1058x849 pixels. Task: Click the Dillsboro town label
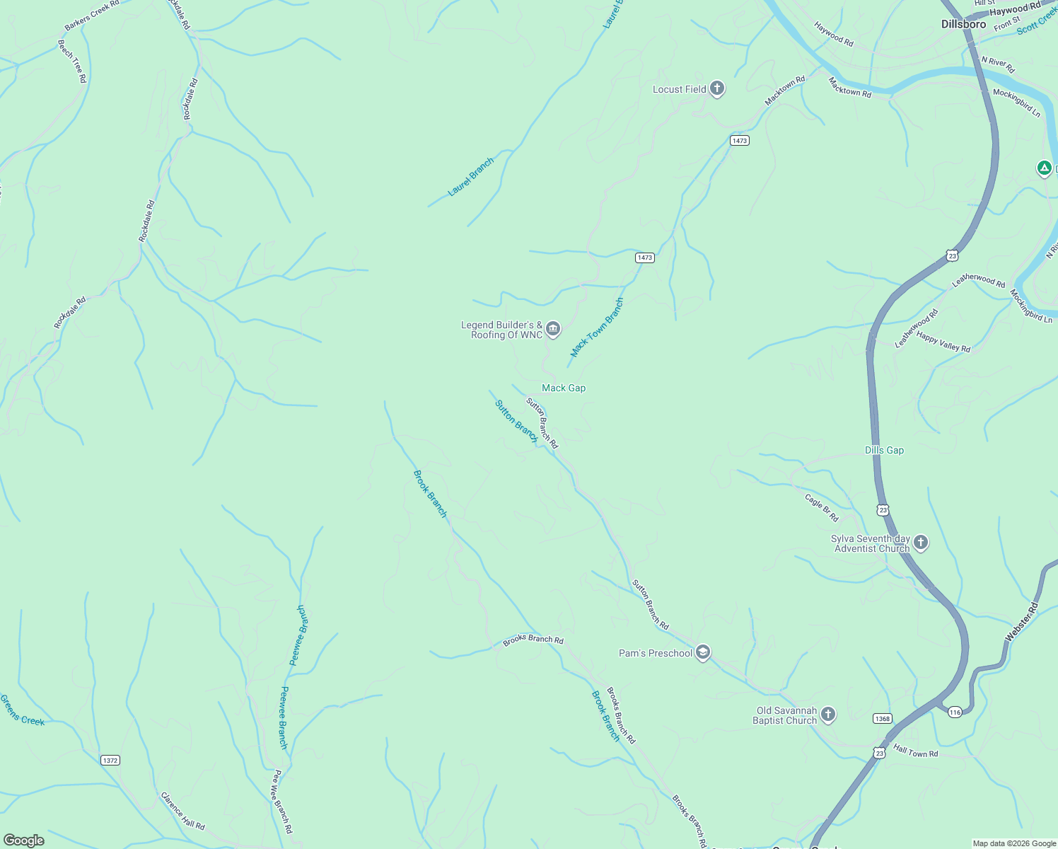[963, 24]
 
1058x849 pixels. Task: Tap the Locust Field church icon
[717, 88]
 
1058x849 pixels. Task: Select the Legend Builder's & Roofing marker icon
[553, 328]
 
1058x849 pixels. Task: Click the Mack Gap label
[563, 388]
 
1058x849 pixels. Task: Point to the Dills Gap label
[884, 450]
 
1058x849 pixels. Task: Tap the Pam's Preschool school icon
[702, 652]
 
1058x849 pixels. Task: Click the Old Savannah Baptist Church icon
[828, 715]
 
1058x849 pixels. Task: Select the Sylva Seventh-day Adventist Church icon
[920, 543]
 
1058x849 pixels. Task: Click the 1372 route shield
[110, 761]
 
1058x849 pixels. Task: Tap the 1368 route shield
[882, 719]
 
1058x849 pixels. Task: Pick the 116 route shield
[955, 712]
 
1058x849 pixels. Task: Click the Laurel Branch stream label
[471, 178]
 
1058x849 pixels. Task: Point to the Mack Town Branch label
[598, 327]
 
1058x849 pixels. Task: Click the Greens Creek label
[22, 710]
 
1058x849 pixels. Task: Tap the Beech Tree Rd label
[71, 62]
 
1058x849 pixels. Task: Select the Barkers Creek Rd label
[92, 16]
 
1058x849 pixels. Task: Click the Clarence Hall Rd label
[182, 811]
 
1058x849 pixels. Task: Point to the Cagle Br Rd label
[821, 507]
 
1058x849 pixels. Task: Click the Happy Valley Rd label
[943, 342]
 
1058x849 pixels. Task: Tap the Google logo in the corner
[24, 841]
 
